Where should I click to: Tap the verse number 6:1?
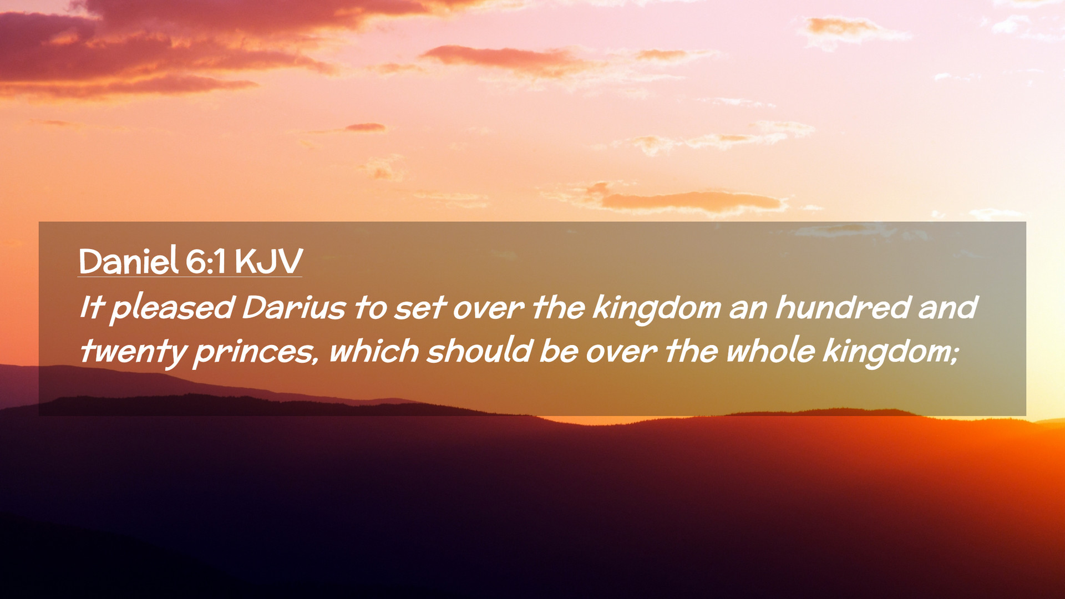point(206,261)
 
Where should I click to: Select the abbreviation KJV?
point(268,261)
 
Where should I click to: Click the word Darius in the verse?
point(294,307)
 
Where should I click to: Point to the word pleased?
point(173,308)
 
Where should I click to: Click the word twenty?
point(134,352)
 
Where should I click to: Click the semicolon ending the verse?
point(954,355)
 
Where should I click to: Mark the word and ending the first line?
point(947,307)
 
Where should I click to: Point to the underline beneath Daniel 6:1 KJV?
point(190,276)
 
